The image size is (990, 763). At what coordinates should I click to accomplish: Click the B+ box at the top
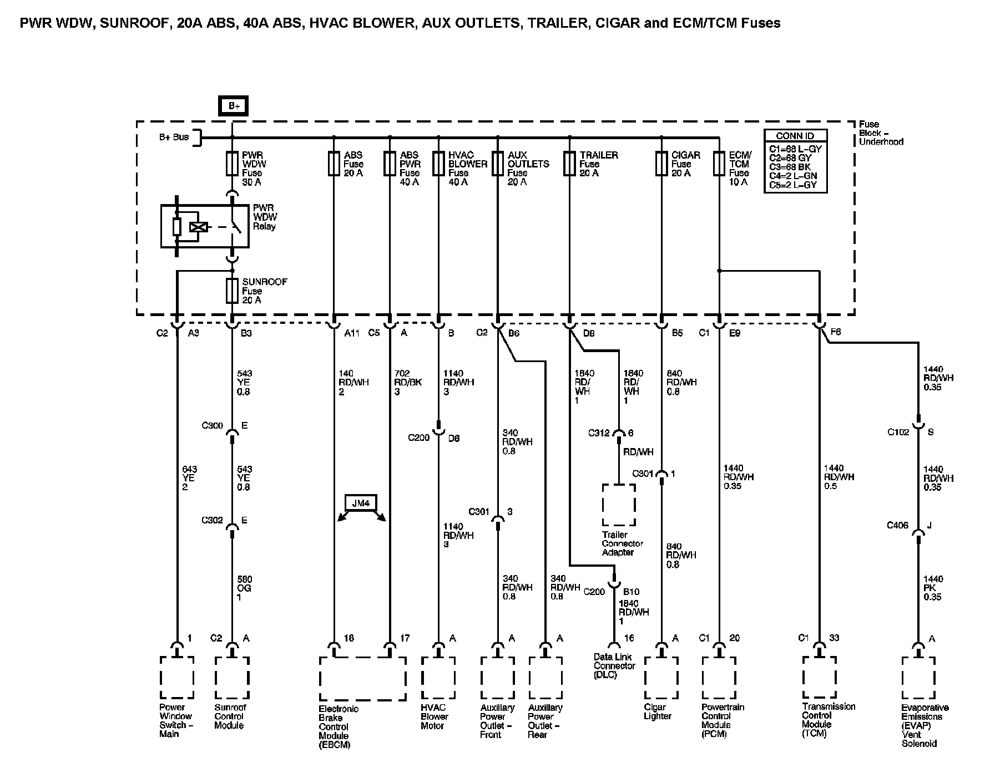coord(234,106)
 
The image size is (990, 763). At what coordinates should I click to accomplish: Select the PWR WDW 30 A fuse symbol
coord(233,164)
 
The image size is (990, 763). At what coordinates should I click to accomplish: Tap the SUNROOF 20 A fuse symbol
coord(233,291)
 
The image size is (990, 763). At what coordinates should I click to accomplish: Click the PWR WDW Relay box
coord(205,226)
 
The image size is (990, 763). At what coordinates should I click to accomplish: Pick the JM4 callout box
coord(361,503)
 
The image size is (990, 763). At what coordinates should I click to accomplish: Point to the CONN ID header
coord(795,136)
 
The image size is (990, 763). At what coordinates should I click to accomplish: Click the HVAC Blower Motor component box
coord(438,678)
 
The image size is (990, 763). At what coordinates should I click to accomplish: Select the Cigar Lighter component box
coord(661,678)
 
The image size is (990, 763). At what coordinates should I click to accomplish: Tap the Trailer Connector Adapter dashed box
coord(619,505)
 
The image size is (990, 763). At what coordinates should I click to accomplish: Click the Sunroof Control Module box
coord(232,678)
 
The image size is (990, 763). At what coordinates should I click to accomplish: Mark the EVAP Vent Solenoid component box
coord(918,678)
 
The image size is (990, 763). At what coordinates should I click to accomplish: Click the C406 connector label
coord(897,525)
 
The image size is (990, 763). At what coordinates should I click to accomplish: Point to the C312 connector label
coord(599,433)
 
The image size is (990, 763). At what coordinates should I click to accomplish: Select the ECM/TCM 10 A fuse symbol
coord(719,164)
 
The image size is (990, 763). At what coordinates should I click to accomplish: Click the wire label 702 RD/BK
coord(407,382)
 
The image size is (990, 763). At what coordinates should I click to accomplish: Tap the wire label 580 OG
coord(244,588)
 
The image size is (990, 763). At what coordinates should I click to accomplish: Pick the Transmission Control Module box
coord(819,678)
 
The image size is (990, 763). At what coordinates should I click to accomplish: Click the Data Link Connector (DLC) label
coord(614,665)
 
